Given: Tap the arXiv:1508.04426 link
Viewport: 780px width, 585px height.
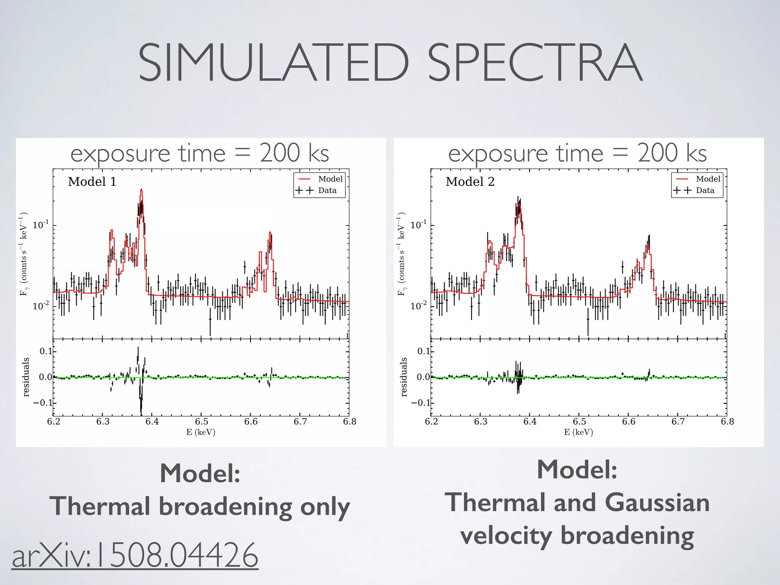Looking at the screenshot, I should [135, 555].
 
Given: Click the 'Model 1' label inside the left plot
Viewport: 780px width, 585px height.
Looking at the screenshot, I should [92, 182].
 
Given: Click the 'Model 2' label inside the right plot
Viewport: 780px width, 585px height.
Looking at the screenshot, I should [470, 182].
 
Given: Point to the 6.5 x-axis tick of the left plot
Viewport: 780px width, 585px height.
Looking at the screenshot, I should [201, 422].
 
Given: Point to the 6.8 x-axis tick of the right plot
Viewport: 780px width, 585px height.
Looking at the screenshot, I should [727, 422].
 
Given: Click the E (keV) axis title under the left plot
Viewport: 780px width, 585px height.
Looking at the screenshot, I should [201, 432].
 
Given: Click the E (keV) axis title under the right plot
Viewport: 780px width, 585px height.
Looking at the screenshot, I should [579, 432].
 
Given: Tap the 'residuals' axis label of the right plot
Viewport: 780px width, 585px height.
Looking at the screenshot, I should [404, 377].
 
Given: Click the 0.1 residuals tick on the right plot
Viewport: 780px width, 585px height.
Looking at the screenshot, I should [424, 351].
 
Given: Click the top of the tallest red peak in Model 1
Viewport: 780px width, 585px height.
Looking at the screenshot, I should [141, 190].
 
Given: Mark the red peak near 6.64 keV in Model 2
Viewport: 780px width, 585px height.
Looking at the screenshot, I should [647, 246].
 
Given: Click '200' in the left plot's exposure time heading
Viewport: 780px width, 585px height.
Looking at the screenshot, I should [280, 153].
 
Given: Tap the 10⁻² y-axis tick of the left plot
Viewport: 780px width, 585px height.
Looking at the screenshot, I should [41, 306].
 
